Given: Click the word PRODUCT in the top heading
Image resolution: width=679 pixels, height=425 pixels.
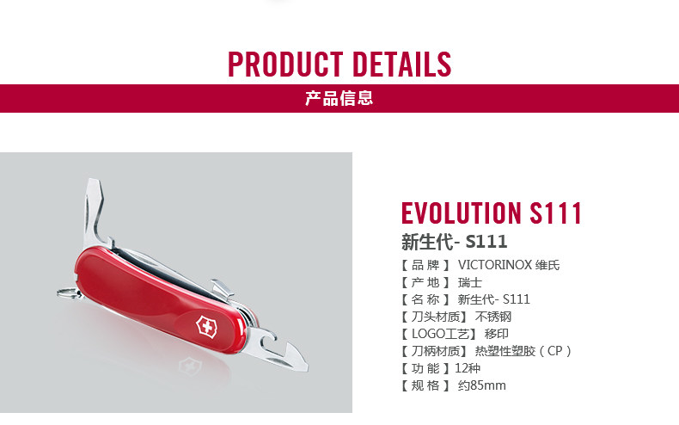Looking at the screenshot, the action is click(285, 65).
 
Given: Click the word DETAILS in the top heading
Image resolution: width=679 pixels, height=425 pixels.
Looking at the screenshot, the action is click(402, 65).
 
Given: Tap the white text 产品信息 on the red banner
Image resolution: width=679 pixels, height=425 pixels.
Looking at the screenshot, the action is click(339, 98).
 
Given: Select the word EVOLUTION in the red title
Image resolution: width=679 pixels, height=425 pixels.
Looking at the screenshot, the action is click(462, 213).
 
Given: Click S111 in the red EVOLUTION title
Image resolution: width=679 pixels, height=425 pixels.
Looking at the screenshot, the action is click(556, 213).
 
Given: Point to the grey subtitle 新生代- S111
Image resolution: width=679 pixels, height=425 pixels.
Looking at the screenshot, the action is click(454, 242).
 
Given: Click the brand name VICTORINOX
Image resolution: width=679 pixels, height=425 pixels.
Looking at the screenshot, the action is click(494, 265).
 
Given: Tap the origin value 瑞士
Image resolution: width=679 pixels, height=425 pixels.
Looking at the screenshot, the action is click(470, 283).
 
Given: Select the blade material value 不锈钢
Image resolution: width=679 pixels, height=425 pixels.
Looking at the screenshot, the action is click(493, 317).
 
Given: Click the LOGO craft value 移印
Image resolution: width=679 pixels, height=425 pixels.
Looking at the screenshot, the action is click(496, 334).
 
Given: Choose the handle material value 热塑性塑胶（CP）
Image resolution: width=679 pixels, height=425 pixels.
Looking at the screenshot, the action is click(523, 351).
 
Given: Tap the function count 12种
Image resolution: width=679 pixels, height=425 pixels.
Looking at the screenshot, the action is click(468, 368).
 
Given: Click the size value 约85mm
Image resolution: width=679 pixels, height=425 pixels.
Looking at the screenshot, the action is click(482, 385).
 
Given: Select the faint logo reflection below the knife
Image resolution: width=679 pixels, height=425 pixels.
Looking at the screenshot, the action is click(190, 366).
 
